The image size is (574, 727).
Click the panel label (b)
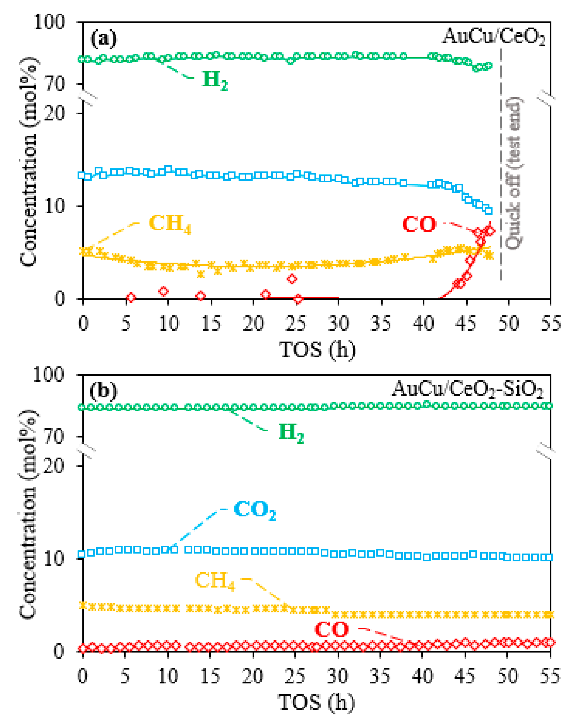pos(104,390)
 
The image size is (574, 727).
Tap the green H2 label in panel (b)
pos(291,433)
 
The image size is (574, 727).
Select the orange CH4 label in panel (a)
pos(170,223)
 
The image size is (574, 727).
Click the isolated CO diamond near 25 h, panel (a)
pos(292,279)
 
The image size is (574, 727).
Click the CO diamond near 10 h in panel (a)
pos(164,291)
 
